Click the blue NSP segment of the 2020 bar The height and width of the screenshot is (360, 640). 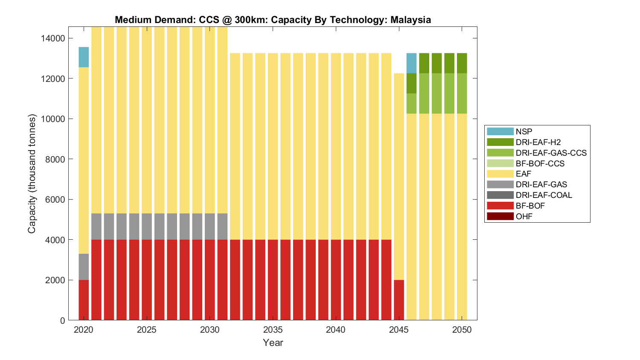pos(84,57)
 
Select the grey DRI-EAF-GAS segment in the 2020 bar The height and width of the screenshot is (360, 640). pos(84,267)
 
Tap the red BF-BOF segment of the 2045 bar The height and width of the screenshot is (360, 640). pos(399,300)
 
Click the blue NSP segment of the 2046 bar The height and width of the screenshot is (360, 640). pos(411,63)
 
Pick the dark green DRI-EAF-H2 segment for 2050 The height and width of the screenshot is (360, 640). pos(462,63)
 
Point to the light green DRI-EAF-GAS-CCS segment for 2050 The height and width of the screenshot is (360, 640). pos(462,93)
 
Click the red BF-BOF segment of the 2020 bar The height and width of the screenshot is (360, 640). pos(84,300)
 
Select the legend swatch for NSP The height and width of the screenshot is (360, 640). pos(500,131)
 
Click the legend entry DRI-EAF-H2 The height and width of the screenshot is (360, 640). pos(538,142)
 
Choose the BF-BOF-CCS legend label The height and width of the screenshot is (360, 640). pos(540,163)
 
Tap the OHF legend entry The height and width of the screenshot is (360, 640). pos(524,216)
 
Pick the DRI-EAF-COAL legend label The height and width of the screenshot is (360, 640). pos(544,195)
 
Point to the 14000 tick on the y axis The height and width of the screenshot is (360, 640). pos(53,38)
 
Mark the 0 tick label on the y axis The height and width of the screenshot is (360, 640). pos(63,320)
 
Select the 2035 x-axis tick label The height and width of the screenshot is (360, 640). pos(273,330)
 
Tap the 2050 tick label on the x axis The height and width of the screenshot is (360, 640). pos(462,330)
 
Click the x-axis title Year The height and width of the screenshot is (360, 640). pos(273,343)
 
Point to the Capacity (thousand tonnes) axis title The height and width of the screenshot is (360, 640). pos(32,174)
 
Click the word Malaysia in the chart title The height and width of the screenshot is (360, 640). pos(410,20)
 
